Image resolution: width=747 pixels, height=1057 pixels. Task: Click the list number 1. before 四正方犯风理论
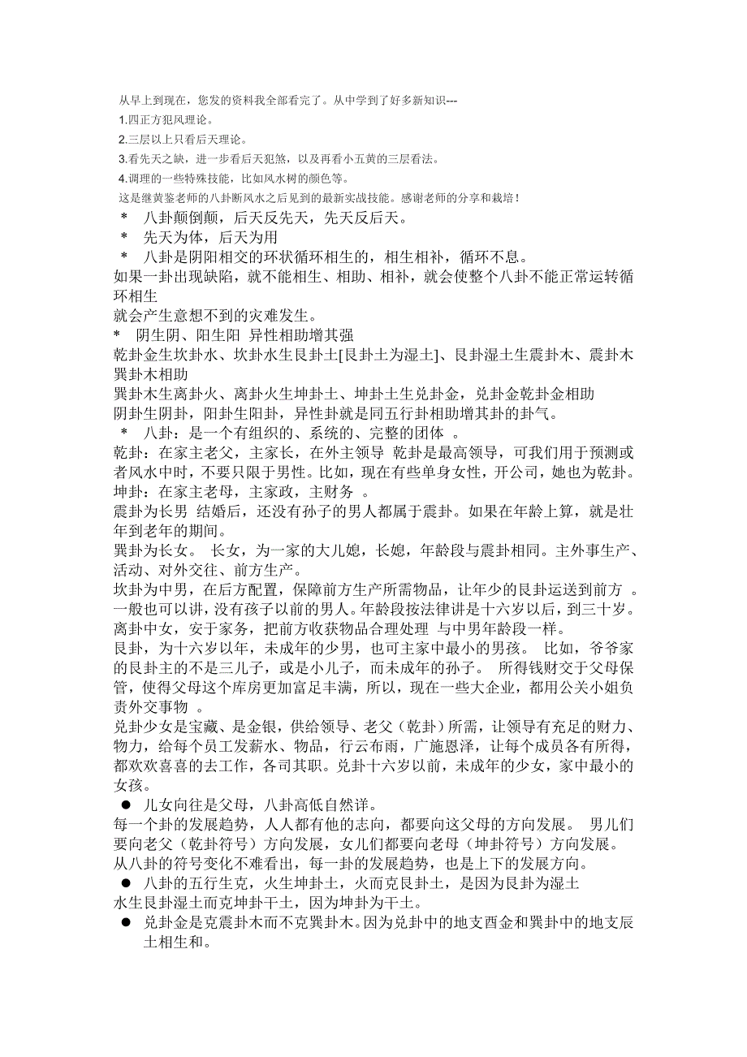(122, 119)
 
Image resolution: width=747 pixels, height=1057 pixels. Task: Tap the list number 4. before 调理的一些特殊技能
(122, 178)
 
